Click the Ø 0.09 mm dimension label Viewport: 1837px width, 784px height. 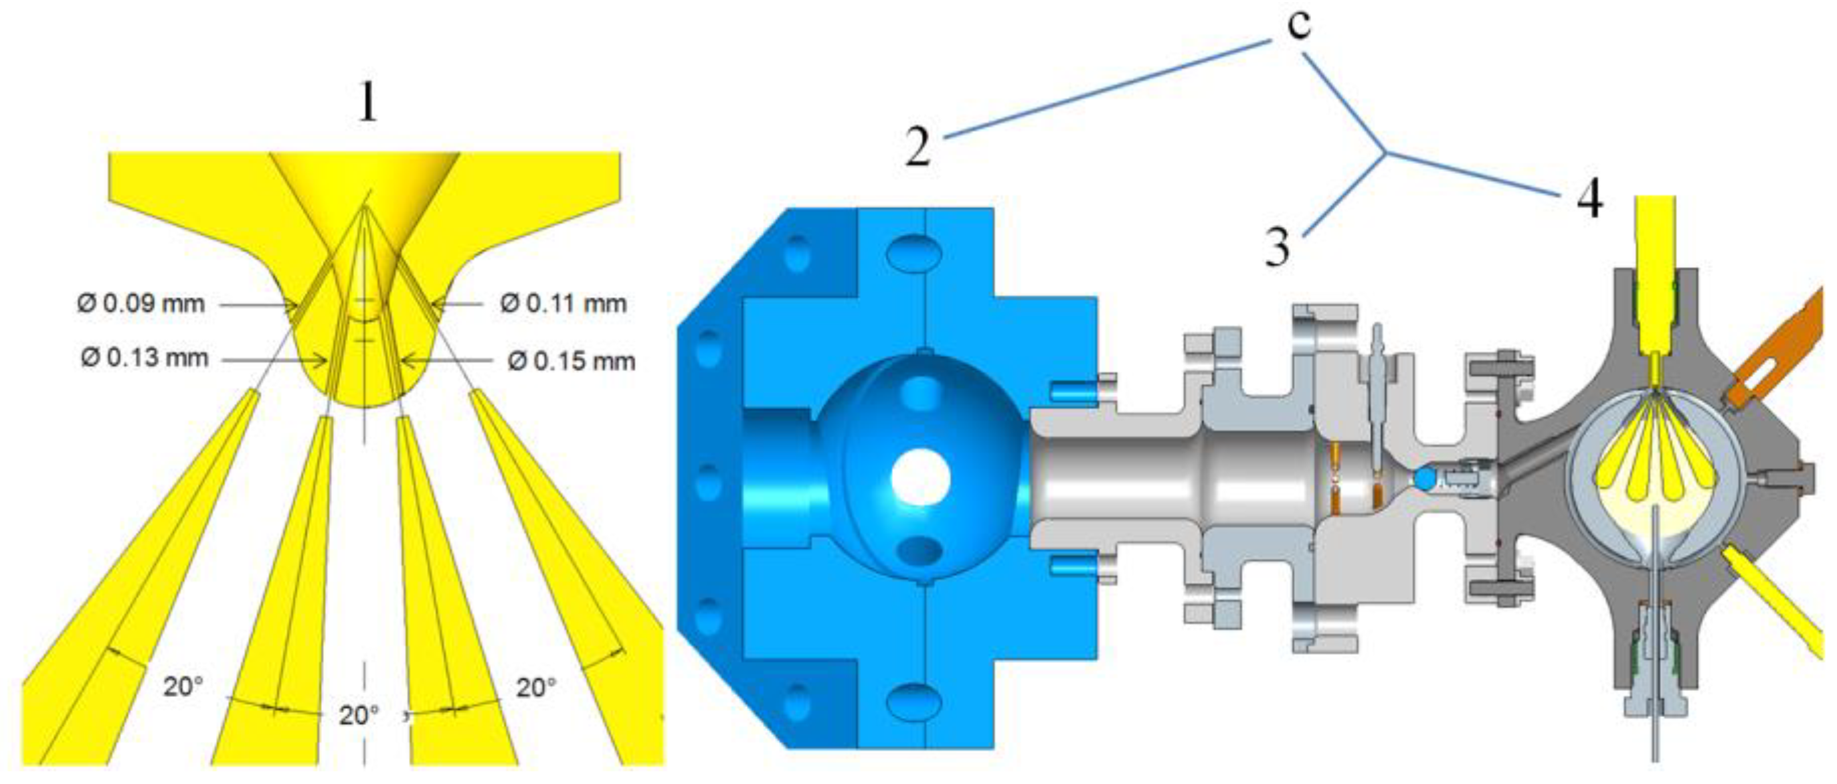coord(141,304)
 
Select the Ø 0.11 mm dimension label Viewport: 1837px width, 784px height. coord(563,304)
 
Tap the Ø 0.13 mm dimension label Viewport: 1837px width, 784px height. coord(145,358)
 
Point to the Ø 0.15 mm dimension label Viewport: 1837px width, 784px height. coord(572,362)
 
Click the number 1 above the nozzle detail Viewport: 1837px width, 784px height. coord(367,102)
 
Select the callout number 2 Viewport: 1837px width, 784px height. coord(918,145)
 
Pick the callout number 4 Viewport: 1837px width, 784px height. coord(1589,199)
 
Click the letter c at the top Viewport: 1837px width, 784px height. coord(1300,25)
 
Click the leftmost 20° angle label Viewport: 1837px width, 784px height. coord(183,687)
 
